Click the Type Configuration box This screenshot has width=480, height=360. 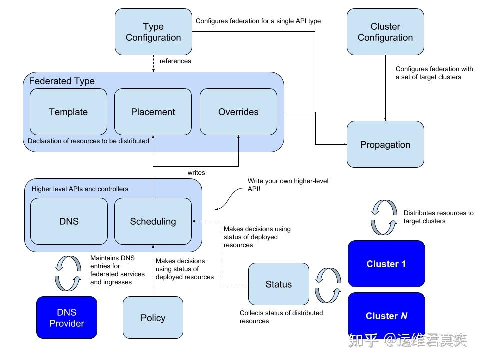pyautogui.click(x=153, y=32)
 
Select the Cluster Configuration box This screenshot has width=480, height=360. pyautogui.click(x=385, y=32)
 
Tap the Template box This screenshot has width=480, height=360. pyautogui.click(x=69, y=112)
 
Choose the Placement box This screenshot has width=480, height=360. pyautogui.click(x=153, y=112)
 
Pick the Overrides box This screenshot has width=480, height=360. pyautogui.click(x=238, y=112)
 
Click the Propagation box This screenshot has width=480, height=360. pyautogui.click(x=385, y=145)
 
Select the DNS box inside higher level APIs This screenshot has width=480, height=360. pyautogui.click(x=69, y=221)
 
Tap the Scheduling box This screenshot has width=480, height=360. pyautogui.click(x=153, y=221)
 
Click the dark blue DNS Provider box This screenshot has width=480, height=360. pyautogui.click(x=67, y=318)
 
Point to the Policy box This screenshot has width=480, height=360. pyautogui.click(x=153, y=318)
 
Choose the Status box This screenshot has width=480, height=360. pyautogui.click(x=278, y=284)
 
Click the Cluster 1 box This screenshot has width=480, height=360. pyautogui.click(x=386, y=264)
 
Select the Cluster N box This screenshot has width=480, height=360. pyautogui.click(x=386, y=316)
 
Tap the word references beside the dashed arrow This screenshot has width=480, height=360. pyautogui.click(x=175, y=61)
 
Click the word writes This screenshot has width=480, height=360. pyautogui.click(x=196, y=172)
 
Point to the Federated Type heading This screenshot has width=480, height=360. pyautogui.click(x=62, y=81)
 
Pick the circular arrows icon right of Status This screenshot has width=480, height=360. pyautogui.click(x=328, y=285)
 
